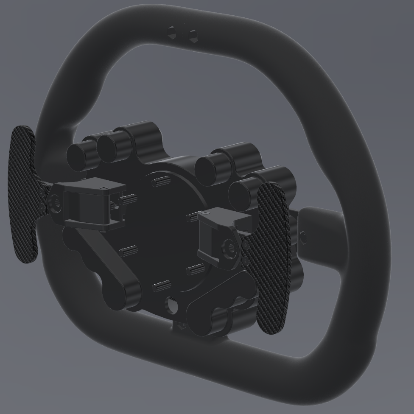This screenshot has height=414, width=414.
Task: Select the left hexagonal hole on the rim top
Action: [x=173, y=32]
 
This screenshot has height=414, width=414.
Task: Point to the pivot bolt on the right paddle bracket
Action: [x=229, y=247]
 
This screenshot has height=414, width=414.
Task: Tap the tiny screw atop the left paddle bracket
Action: [x=102, y=187]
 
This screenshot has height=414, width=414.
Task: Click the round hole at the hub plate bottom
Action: [x=173, y=304]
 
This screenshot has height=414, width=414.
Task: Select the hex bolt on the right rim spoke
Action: [x=303, y=238]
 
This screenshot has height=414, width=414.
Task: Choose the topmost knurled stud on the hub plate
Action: [x=161, y=182]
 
